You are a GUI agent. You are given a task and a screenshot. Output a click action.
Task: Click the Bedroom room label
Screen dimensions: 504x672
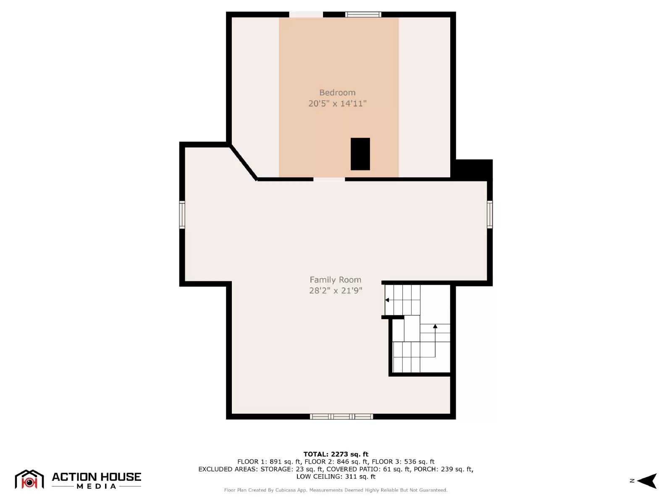pyautogui.click(x=337, y=92)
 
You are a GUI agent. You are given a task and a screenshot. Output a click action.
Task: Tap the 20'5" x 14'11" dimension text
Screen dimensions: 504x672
pyautogui.click(x=337, y=103)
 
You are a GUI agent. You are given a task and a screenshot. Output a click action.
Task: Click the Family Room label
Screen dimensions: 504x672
pyautogui.click(x=335, y=280)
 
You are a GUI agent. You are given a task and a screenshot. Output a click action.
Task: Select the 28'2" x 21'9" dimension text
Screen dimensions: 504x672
pyautogui.click(x=335, y=290)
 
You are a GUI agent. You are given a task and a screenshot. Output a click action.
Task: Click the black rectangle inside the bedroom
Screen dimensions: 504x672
pyautogui.click(x=360, y=154)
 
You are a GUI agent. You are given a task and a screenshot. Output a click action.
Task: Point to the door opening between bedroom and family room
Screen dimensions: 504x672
pyautogui.click(x=329, y=179)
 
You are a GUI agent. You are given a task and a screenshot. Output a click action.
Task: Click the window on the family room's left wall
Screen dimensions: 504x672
pyautogui.click(x=182, y=215)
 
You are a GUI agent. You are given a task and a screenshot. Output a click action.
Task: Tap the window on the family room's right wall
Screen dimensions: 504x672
pyautogui.click(x=490, y=215)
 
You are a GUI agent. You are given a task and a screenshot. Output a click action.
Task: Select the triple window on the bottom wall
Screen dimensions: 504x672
pyautogui.click(x=341, y=417)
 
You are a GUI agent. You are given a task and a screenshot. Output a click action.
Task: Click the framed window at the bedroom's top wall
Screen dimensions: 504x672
pyautogui.click(x=363, y=15)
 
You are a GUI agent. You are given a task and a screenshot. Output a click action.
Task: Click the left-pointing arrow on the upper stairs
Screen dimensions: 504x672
pyautogui.click(x=387, y=300)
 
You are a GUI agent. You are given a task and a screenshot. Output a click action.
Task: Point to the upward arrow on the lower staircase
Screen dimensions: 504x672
pyautogui.click(x=435, y=326)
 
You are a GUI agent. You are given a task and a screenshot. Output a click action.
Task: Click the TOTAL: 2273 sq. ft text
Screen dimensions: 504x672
pyautogui.click(x=336, y=454)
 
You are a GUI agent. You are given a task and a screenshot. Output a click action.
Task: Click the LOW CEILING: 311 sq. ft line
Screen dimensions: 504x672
pyautogui.click(x=336, y=477)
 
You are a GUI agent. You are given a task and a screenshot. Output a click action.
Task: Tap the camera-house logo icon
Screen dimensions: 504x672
pyautogui.click(x=29, y=480)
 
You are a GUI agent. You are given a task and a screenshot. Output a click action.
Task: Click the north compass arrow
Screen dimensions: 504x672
pyautogui.click(x=648, y=481)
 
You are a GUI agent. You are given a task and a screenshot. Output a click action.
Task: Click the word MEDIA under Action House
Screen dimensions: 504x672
pyautogui.click(x=96, y=486)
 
